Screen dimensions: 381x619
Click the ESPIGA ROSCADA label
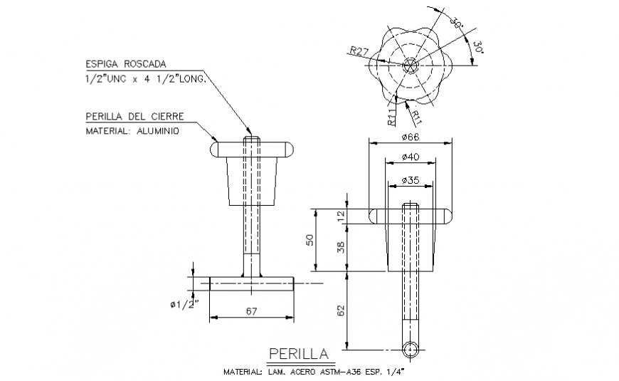(127, 63)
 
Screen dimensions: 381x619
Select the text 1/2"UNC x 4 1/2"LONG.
(146, 80)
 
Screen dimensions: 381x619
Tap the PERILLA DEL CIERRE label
(135, 116)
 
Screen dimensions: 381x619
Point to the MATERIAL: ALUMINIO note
(132, 132)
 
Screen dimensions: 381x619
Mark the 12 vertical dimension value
(341, 215)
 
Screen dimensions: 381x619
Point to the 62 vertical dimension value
(341, 310)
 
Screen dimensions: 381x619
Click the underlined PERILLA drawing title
(299, 354)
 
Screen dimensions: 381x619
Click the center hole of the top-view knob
(410, 66)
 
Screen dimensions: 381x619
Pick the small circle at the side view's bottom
(410, 349)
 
